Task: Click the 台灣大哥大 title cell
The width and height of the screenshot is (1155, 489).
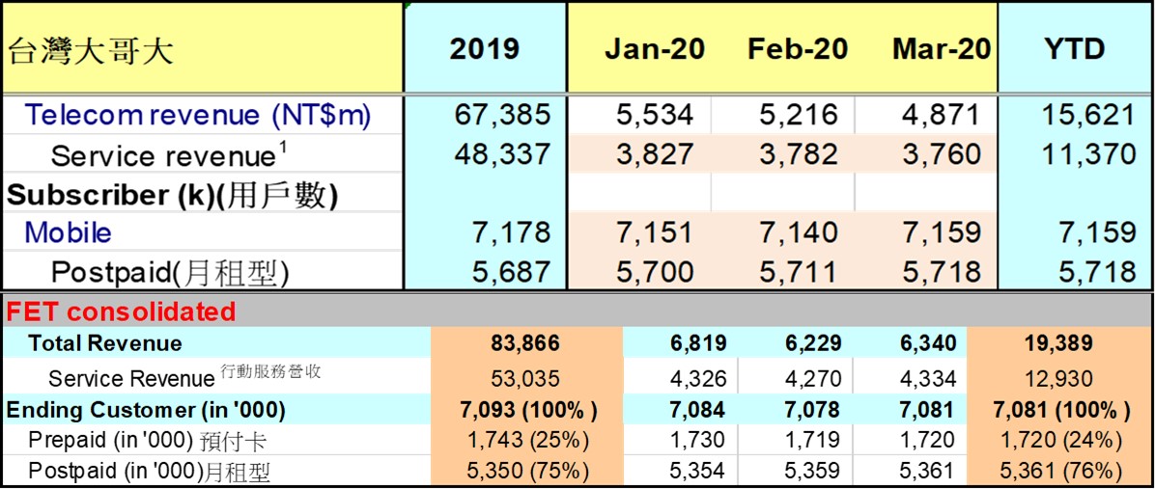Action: pyautogui.click(x=91, y=50)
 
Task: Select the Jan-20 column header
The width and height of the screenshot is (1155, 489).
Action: pyautogui.click(x=655, y=50)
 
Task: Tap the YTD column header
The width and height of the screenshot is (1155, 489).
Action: pyautogui.click(x=1074, y=50)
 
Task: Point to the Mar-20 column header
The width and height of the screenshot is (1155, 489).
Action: pyautogui.click(x=942, y=50)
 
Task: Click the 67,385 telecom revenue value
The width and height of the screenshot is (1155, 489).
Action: pyautogui.click(x=502, y=116)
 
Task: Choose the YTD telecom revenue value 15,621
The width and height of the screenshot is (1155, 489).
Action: pyautogui.click(x=1087, y=116)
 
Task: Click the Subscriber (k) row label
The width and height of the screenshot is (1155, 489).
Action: pyautogui.click(x=172, y=195)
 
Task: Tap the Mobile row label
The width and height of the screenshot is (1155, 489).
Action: pyautogui.click(x=68, y=233)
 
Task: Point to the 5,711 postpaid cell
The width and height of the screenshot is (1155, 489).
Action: pyautogui.click(x=799, y=273)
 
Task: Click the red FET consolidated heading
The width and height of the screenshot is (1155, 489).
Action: pyautogui.click(x=121, y=312)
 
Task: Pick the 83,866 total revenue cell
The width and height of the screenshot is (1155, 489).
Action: pyautogui.click(x=525, y=343)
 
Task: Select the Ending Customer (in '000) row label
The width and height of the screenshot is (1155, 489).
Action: pyautogui.click(x=146, y=410)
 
